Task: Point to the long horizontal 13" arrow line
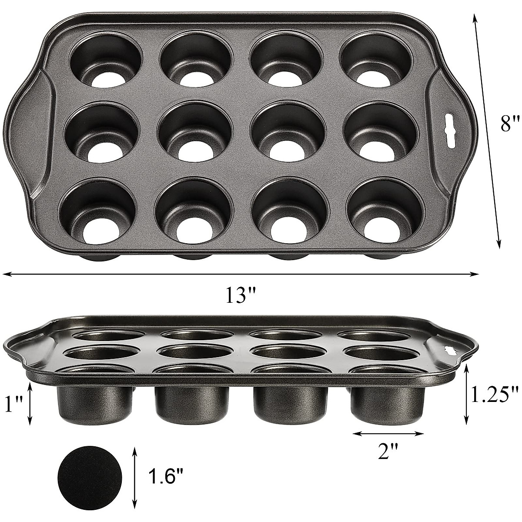(240, 274)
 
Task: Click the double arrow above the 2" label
(388, 433)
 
